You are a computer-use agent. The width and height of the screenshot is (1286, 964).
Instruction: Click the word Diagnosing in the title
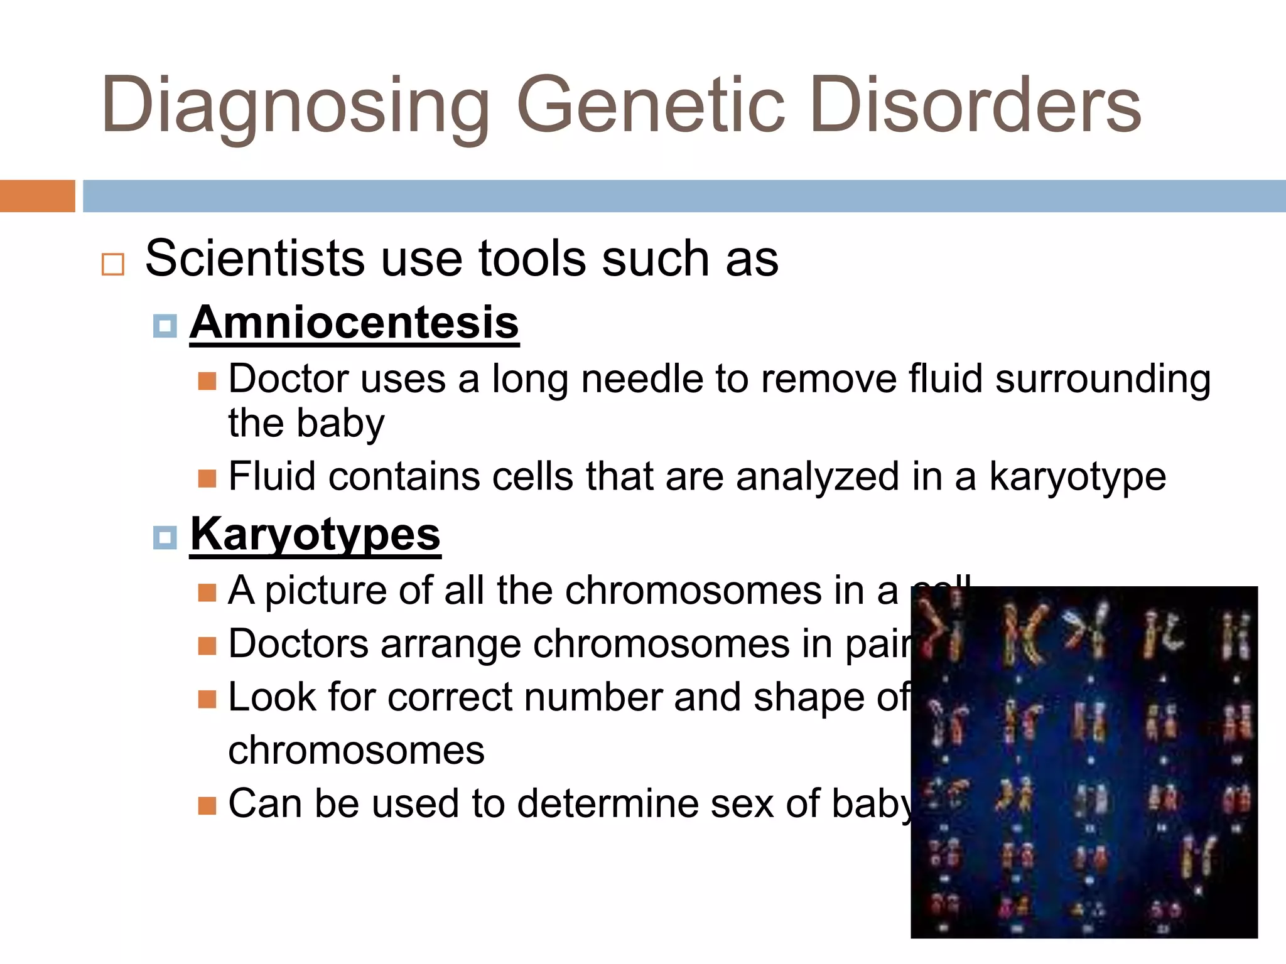point(295,105)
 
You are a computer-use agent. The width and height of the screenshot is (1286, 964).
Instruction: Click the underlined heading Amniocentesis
point(354,322)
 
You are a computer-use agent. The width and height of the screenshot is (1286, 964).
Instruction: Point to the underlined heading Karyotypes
point(315,534)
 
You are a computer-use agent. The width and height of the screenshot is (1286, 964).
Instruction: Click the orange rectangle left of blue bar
point(37,196)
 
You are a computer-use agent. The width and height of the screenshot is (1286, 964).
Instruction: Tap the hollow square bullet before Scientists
point(113,264)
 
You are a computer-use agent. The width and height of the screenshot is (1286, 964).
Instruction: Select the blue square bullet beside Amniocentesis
point(165,326)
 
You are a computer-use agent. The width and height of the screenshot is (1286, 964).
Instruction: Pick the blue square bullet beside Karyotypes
point(165,538)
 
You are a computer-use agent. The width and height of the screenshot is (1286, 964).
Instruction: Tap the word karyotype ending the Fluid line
point(1078,476)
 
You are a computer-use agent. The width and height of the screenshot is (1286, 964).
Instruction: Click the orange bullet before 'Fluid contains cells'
point(207,479)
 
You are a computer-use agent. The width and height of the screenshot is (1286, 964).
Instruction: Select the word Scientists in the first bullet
point(255,258)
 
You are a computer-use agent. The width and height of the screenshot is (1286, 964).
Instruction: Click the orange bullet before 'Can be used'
point(207,806)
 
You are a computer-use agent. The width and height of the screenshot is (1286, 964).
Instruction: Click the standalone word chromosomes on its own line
point(356,750)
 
